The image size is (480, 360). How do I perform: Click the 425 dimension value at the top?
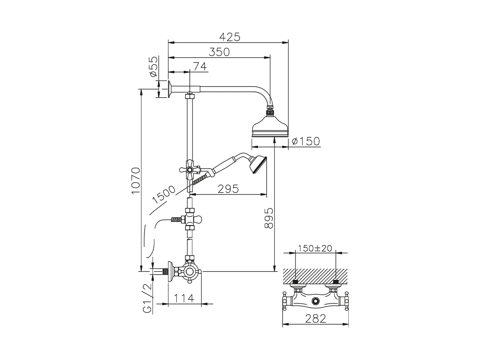(229, 37)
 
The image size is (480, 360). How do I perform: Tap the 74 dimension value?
(199, 66)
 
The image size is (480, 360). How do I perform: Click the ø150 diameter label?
(306, 141)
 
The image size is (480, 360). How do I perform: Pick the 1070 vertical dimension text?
(135, 180)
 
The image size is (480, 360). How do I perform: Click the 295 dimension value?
(228, 189)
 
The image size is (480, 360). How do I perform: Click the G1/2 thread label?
(148, 298)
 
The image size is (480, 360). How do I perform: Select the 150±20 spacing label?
(315, 248)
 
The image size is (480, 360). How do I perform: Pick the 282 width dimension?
(315, 318)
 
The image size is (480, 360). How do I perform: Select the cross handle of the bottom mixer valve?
(190, 271)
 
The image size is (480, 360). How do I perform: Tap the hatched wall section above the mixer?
(315, 275)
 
